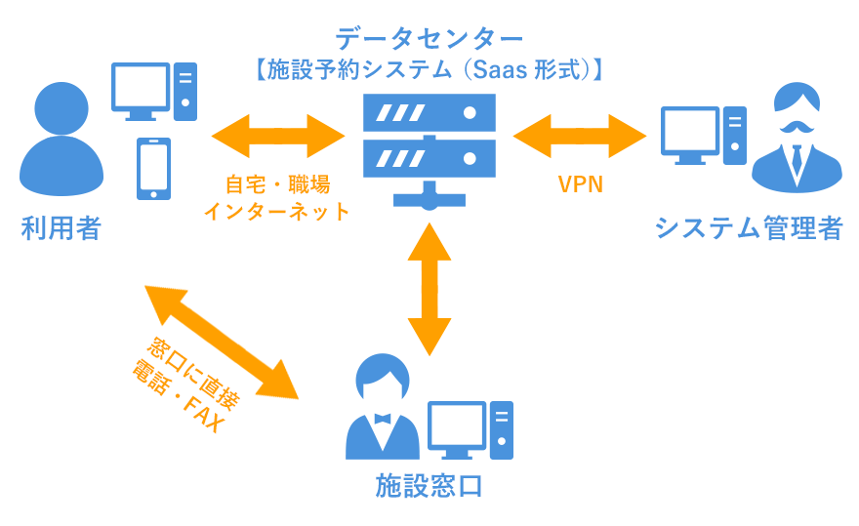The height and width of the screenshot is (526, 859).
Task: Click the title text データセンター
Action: (x=429, y=39)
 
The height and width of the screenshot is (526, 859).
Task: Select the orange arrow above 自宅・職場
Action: (x=280, y=136)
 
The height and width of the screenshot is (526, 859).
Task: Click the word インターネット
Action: (x=276, y=210)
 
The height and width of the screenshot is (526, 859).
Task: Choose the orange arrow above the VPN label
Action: (x=579, y=136)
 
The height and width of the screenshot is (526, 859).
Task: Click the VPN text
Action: (x=580, y=184)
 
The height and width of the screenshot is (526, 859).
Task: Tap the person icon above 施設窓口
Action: (x=381, y=410)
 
